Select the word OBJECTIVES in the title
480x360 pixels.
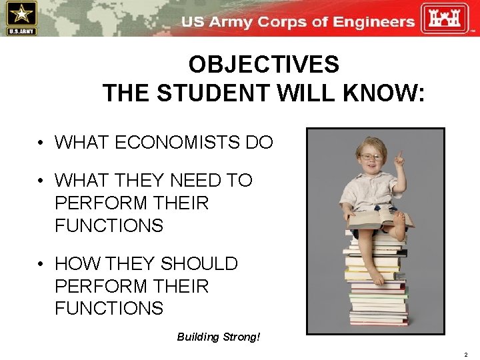[263, 65]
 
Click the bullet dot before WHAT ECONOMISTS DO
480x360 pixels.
[41, 143]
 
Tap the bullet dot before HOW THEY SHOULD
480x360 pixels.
[41, 264]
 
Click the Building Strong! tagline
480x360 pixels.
[218, 337]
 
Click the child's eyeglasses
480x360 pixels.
[370, 157]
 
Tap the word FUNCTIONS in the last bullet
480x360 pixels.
[109, 308]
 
